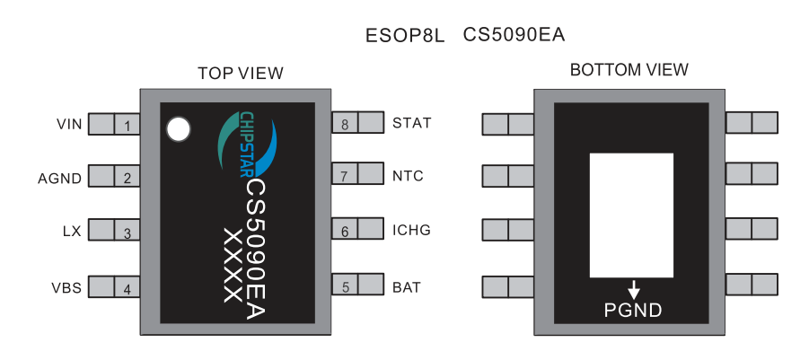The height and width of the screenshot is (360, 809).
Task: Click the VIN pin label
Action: pos(69,124)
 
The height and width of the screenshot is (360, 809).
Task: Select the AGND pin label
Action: pos(60,178)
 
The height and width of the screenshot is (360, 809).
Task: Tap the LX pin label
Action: pos(72,232)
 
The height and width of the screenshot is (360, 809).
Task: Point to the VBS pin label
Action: pos(66,288)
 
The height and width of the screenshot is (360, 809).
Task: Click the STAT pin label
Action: pos(412,123)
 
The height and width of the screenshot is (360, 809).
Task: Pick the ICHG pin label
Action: pos(412,231)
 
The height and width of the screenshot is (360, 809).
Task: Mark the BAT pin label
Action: pos(407,288)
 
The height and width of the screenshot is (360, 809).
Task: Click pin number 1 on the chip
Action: pos(128,126)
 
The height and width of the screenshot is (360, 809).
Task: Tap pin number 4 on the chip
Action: pos(128,290)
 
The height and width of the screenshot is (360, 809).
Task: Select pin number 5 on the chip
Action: pos(346,288)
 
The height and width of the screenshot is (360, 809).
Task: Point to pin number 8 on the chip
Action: pos(346,124)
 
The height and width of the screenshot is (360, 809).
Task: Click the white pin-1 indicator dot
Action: pos(179,129)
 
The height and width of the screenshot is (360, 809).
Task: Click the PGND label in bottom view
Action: pos(634,311)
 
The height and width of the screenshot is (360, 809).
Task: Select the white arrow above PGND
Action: pos(634,290)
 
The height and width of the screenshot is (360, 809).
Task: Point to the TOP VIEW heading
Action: pos(240,73)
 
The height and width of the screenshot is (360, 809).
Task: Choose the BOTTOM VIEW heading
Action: pos(629,70)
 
